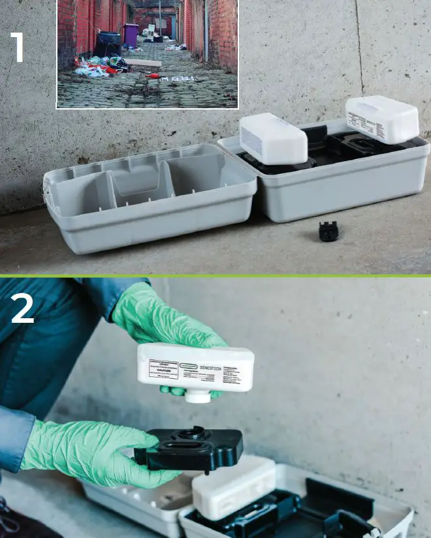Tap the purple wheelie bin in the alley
pos(131,33)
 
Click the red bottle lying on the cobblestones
pos(153,76)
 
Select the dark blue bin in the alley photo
pos(108,44)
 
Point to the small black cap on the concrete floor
pos(328,231)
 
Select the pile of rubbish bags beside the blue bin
pos(98,65)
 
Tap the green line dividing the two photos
pos(215,276)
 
